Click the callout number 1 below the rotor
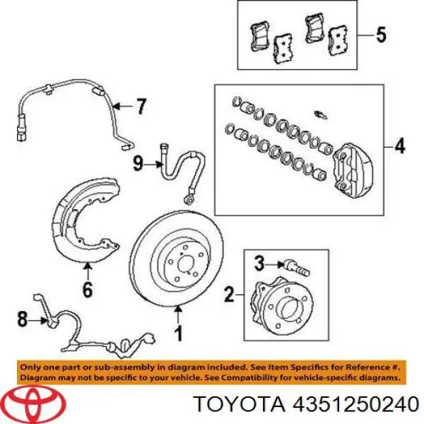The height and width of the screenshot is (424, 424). pos(177,330)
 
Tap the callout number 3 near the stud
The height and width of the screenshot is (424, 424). pos(259,264)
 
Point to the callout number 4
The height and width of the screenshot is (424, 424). pos(400,147)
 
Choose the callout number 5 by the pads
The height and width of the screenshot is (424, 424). pos(381,34)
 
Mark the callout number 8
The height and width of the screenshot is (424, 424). pos(23,319)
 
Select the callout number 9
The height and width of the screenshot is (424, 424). pos(139,164)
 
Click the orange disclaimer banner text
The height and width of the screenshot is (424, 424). pos(212,373)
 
